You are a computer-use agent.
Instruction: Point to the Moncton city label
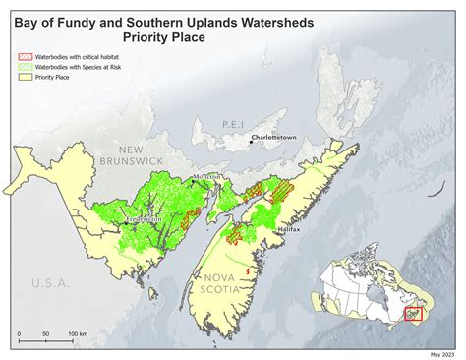(208, 176)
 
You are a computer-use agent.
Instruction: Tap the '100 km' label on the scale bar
(77, 335)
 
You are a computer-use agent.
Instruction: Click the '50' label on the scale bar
(46, 335)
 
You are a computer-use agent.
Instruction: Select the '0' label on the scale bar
(19, 335)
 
